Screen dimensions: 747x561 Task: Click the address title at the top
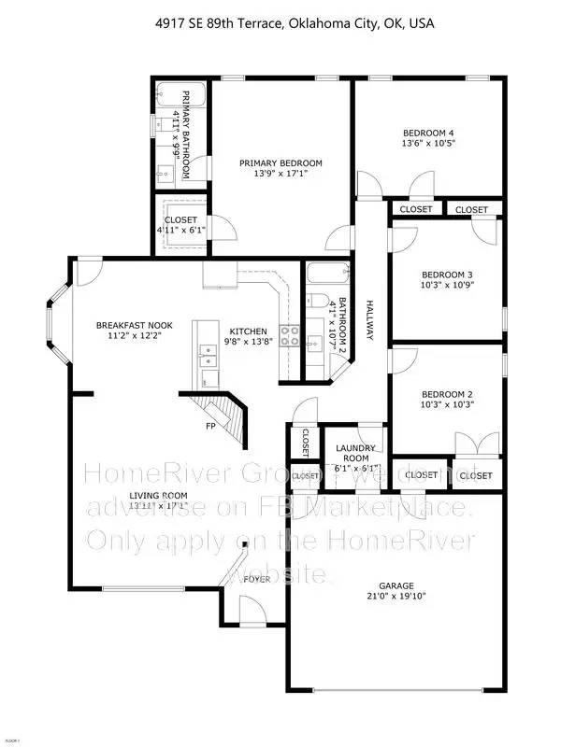(x=280, y=21)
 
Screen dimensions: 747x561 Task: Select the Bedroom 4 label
(x=427, y=134)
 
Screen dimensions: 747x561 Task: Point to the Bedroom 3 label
(x=435, y=275)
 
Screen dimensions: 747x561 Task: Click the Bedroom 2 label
(x=435, y=394)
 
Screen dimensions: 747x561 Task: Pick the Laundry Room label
(x=355, y=454)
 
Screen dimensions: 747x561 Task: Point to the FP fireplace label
(x=211, y=426)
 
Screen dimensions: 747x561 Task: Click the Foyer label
(x=257, y=579)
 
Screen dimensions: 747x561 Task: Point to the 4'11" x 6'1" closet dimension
(x=181, y=230)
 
